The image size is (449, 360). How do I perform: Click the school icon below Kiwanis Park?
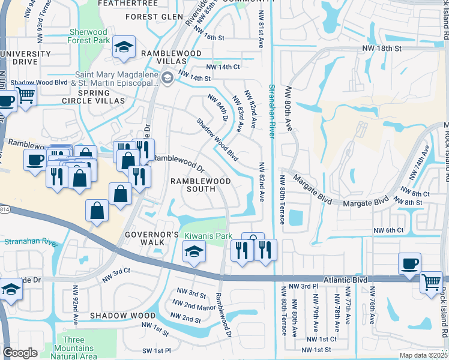pos(194,252)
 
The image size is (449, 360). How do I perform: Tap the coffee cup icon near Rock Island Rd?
pos(409,264)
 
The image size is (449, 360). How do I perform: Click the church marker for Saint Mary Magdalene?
pos(167,76)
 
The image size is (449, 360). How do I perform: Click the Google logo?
pos(20,353)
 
